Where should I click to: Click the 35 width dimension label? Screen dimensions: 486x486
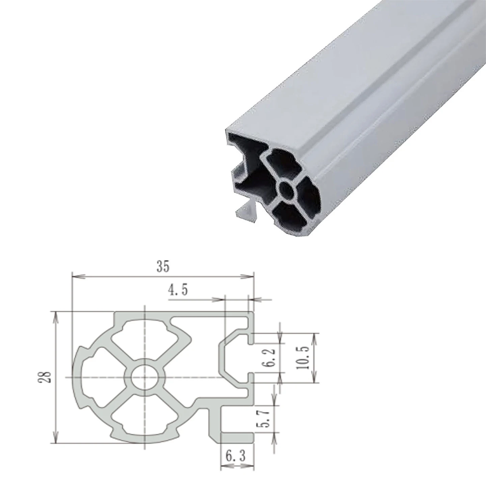162,267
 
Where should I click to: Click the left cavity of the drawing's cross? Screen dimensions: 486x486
101,377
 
